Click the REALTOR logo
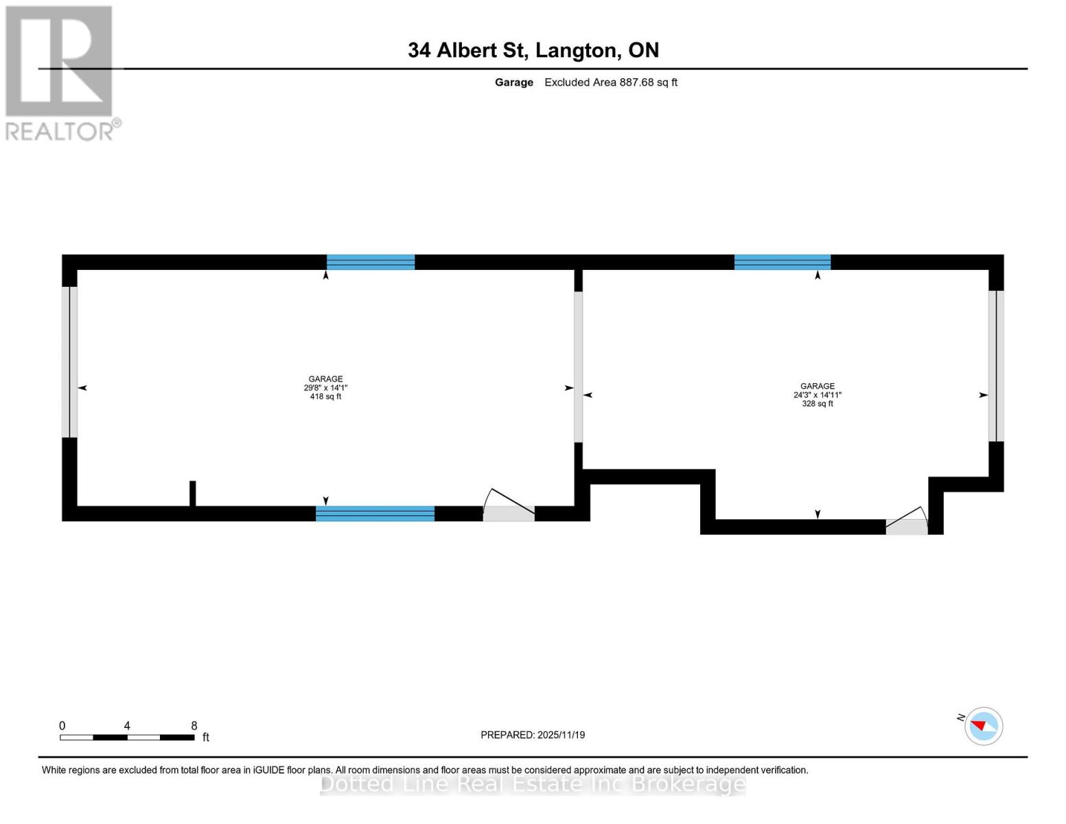point(60,72)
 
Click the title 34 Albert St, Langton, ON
point(533,50)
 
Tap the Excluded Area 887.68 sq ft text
point(610,82)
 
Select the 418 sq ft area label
point(325,397)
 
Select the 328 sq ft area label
point(817,404)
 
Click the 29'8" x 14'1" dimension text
point(325,388)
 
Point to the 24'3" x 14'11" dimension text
point(817,395)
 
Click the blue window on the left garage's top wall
point(371,262)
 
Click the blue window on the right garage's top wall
point(783,262)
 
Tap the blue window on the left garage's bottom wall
point(375,514)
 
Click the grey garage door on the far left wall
point(69,362)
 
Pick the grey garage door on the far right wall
point(996,366)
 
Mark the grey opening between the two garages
point(578,367)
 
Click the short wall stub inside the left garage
point(193,493)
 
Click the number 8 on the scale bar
point(194,726)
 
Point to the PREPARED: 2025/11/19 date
point(533,735)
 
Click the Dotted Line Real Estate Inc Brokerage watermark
point(533,783)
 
